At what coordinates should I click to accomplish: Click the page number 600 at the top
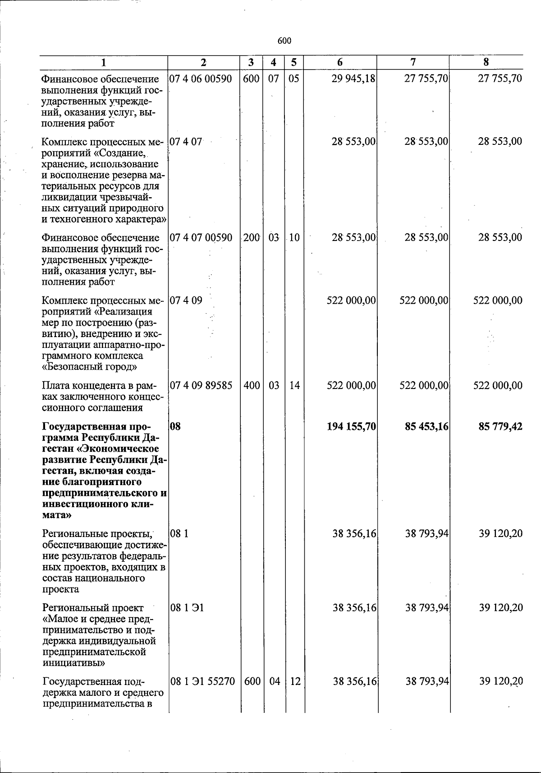[x=284, y=41]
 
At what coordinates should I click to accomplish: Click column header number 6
[x=340, y=62]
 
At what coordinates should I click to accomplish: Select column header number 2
[x=203, y=62]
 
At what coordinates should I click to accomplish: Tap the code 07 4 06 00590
[x=201, y=79]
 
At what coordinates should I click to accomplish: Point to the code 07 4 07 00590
[x=201, y=238]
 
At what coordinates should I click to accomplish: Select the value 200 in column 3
[x=252, y=238]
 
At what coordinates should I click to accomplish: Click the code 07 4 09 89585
[x=201, y=386]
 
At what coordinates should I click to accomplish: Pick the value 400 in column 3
[x=252, y=386]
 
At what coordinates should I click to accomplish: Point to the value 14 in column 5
[x=294, y=386]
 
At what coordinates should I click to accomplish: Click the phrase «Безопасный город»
[x=89, y=367]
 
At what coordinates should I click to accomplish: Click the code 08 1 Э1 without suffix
[x=187, y=608]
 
